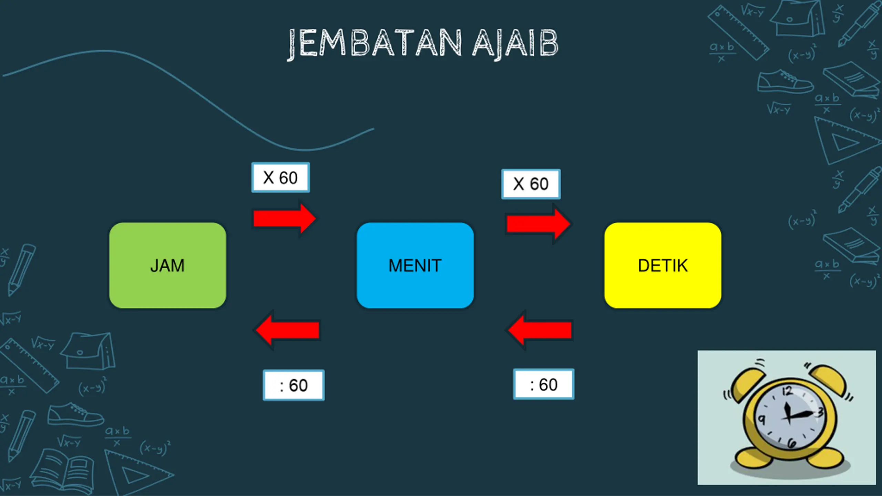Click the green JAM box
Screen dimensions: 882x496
coord(168,265)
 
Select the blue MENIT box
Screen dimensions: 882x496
coord(415,265)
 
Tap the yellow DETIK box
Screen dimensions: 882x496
coord(663,265)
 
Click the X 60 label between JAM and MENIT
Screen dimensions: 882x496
coord(280,177)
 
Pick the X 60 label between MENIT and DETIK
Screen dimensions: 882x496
coord(531,184)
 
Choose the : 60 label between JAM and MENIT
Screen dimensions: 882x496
coord(294,385)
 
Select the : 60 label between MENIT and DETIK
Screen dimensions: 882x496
coord(544,384)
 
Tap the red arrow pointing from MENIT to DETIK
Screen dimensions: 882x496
coord(538,224)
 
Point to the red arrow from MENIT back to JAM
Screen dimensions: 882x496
coord(287,330)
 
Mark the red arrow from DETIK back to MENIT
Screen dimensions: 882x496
coord(540,330)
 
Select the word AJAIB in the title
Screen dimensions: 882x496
coord(515,43)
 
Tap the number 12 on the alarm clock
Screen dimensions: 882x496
coord(787,392)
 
